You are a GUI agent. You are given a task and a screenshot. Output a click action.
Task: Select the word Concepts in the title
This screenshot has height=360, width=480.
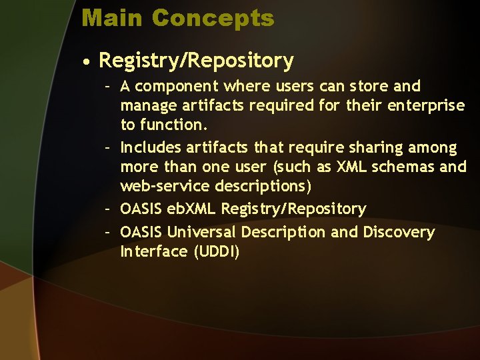click(213, 18)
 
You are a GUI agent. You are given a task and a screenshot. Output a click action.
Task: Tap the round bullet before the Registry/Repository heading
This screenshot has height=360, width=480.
click(87, 62)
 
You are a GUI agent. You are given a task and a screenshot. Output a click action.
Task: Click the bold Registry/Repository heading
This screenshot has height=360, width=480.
click(196, 61)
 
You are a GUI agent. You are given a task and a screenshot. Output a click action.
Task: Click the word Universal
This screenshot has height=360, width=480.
click(202, 233)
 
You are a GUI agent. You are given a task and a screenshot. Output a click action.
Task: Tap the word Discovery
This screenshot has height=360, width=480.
click(399, 233)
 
